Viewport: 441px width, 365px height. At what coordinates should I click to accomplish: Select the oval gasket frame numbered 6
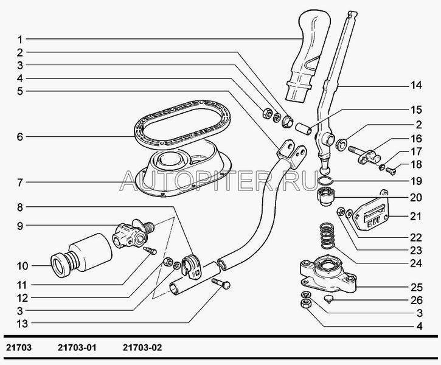pyautogui.click(x=141, y=130)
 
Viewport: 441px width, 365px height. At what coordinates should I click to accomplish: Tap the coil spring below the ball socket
pyautogui.click(x=326, y=236)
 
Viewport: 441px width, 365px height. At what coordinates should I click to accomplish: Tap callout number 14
pyautogui.click(x=416, y=85)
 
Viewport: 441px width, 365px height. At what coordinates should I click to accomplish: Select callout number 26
pyautogui.click(x=416, y=299)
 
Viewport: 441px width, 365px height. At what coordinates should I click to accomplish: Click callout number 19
pyautogui.click(x=416, y=181)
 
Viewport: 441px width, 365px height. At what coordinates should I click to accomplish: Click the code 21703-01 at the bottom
pyautogui.click(x=78, y=348)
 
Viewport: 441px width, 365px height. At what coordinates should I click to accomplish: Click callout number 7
pyautogui.click(x=20, y=181)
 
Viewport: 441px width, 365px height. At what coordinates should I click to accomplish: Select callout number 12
pyautogui.click(x=20, y=299)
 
